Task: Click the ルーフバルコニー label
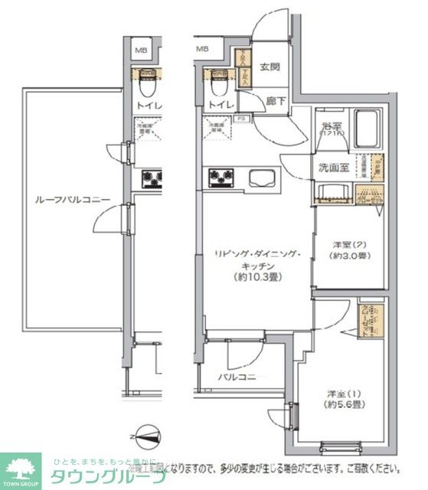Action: tap(73, 200)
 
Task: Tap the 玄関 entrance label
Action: tap(270, 67)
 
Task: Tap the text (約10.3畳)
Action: tap(257, 277)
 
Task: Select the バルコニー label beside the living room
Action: tap(237, 377)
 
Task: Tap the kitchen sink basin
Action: tap(260, 178)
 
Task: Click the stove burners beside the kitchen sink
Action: tap(221, 178)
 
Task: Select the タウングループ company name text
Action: tap(108, 477)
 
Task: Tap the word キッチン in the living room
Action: tap(257, 266)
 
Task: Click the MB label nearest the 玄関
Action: tap(203, 50)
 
